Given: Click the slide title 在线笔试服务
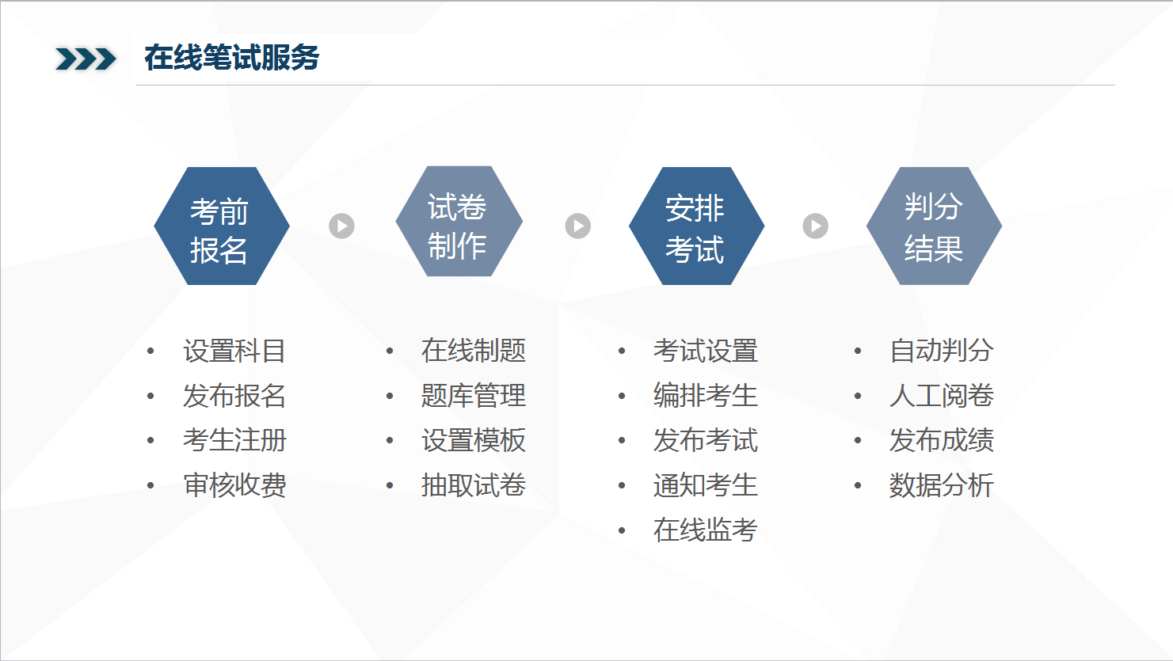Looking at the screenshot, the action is click(x=231, y=57).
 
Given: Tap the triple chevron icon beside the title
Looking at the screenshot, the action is click(x=86, y=59).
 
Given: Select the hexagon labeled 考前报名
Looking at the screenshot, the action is click(x=222, y=226).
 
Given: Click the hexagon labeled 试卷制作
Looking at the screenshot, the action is click(x=459, y=222).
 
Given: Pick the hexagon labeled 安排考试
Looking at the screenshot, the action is click(x=696, y=226).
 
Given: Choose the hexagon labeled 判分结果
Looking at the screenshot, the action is click(x=935, y=226).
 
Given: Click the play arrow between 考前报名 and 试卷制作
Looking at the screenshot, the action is click(x=342, y=226).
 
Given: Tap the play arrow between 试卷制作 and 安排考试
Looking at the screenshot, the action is click(x=578, y=226).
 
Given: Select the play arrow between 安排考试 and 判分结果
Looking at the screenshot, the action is click(x=815, y=226).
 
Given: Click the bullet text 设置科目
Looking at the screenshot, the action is click(x=234, y=351).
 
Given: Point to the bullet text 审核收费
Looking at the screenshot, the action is click(x=234, y=485).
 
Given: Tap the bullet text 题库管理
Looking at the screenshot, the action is click(x=474, y=396).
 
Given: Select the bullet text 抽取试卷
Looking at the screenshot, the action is click(x=474, y=485).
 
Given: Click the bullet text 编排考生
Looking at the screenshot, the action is click(x=706, y=396).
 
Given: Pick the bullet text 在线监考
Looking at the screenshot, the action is click(x=706, y=530).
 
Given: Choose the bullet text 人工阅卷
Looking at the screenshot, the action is click(x=942, y=396).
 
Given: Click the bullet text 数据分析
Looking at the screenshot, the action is click(x=942, y=485).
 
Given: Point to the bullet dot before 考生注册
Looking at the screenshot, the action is click(x=150, y=441).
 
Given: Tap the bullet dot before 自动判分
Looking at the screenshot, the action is click(x=858, y=351).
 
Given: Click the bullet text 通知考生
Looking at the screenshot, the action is click(x=706, y=485).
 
